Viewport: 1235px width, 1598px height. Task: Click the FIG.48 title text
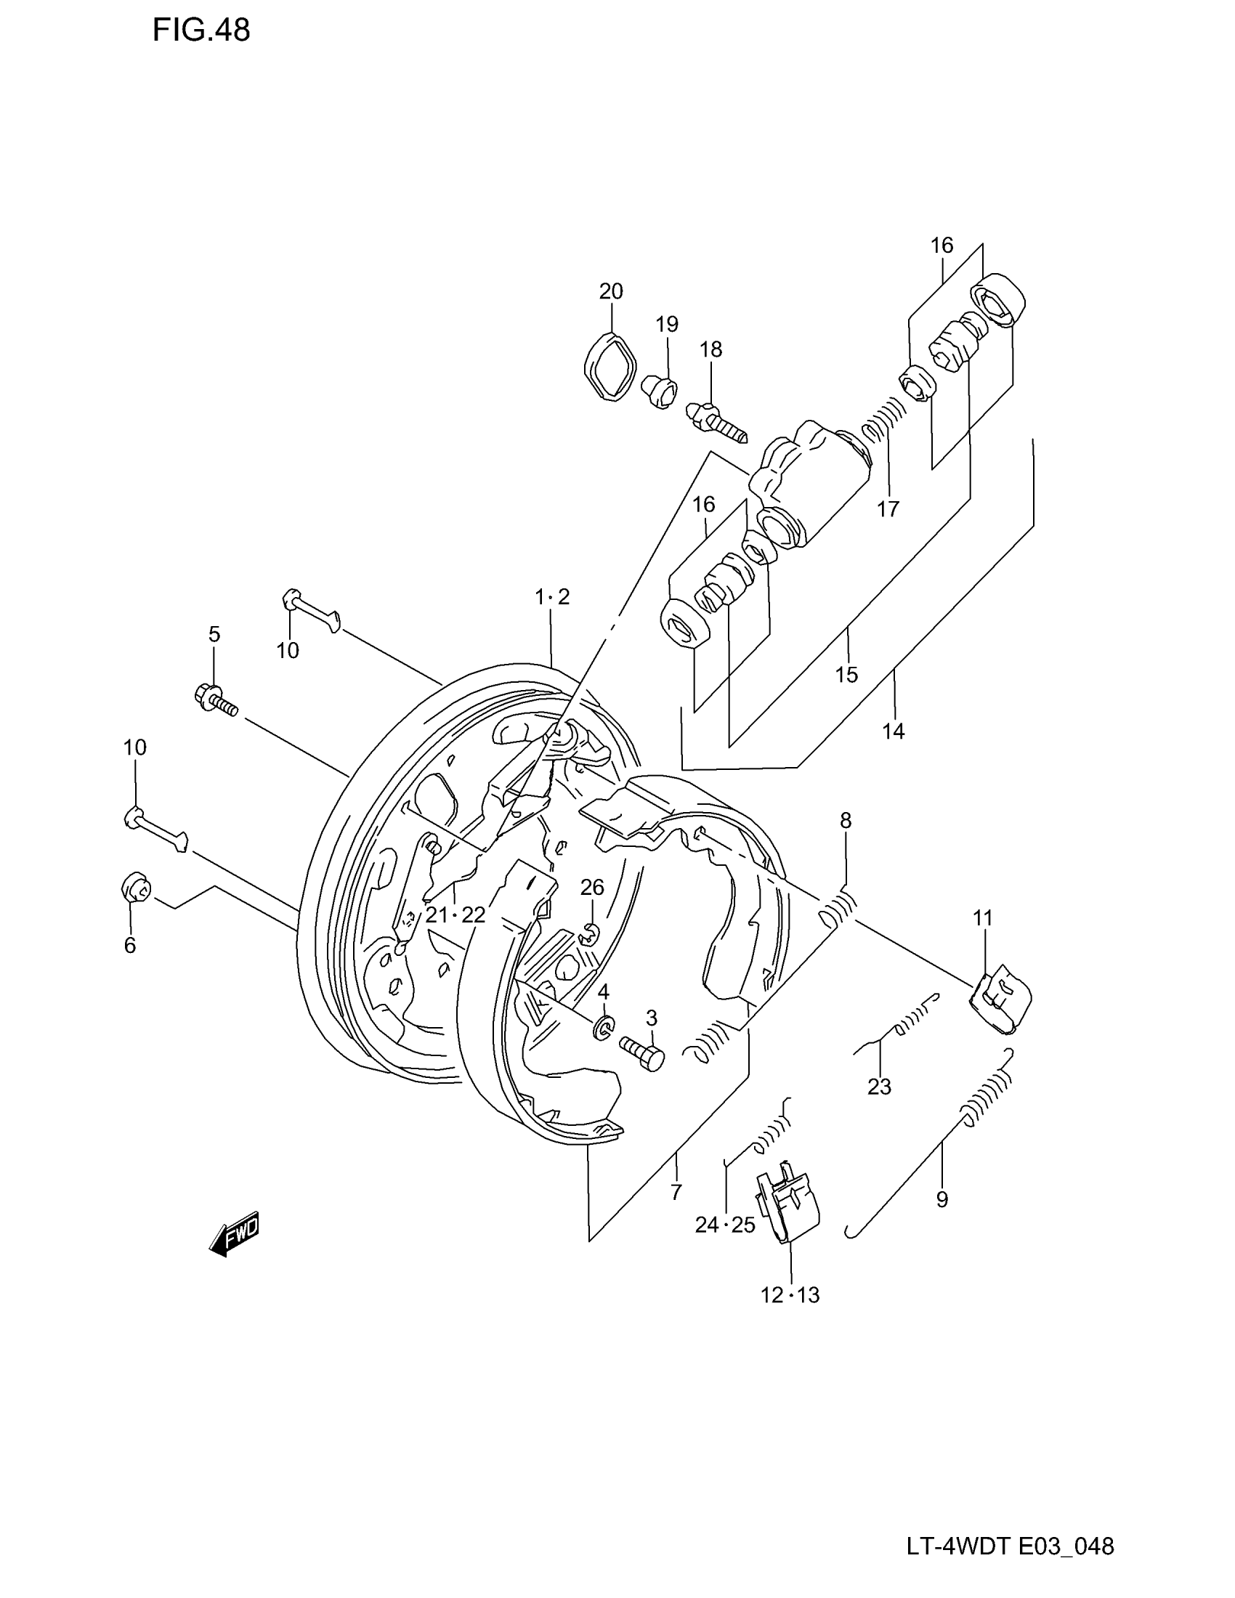(x=201, y=31)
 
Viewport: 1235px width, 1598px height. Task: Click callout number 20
(x=611, y=291)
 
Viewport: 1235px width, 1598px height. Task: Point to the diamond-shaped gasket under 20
(x=610, y=367)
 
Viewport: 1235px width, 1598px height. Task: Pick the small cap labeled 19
(x=660, y=391)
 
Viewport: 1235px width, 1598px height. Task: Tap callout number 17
(x=888, y=509)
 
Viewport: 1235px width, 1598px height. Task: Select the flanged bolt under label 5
(x=216, y=697)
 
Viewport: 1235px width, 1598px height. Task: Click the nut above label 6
(x=134, y=889)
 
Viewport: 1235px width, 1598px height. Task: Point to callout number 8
(x=846, y=821)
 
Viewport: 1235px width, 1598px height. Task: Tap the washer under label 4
(x=604, y=1028)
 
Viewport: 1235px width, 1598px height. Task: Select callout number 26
(x=592, y=888)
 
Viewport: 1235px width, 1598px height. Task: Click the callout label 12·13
(x=790, y=1295)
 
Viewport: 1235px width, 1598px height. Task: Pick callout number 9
(x=942, y=1199)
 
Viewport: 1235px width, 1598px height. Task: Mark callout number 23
(x=880, y=1087)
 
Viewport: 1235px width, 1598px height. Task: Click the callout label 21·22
(x=455, y=914)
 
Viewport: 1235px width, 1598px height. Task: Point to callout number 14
(x=894, y=730)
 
